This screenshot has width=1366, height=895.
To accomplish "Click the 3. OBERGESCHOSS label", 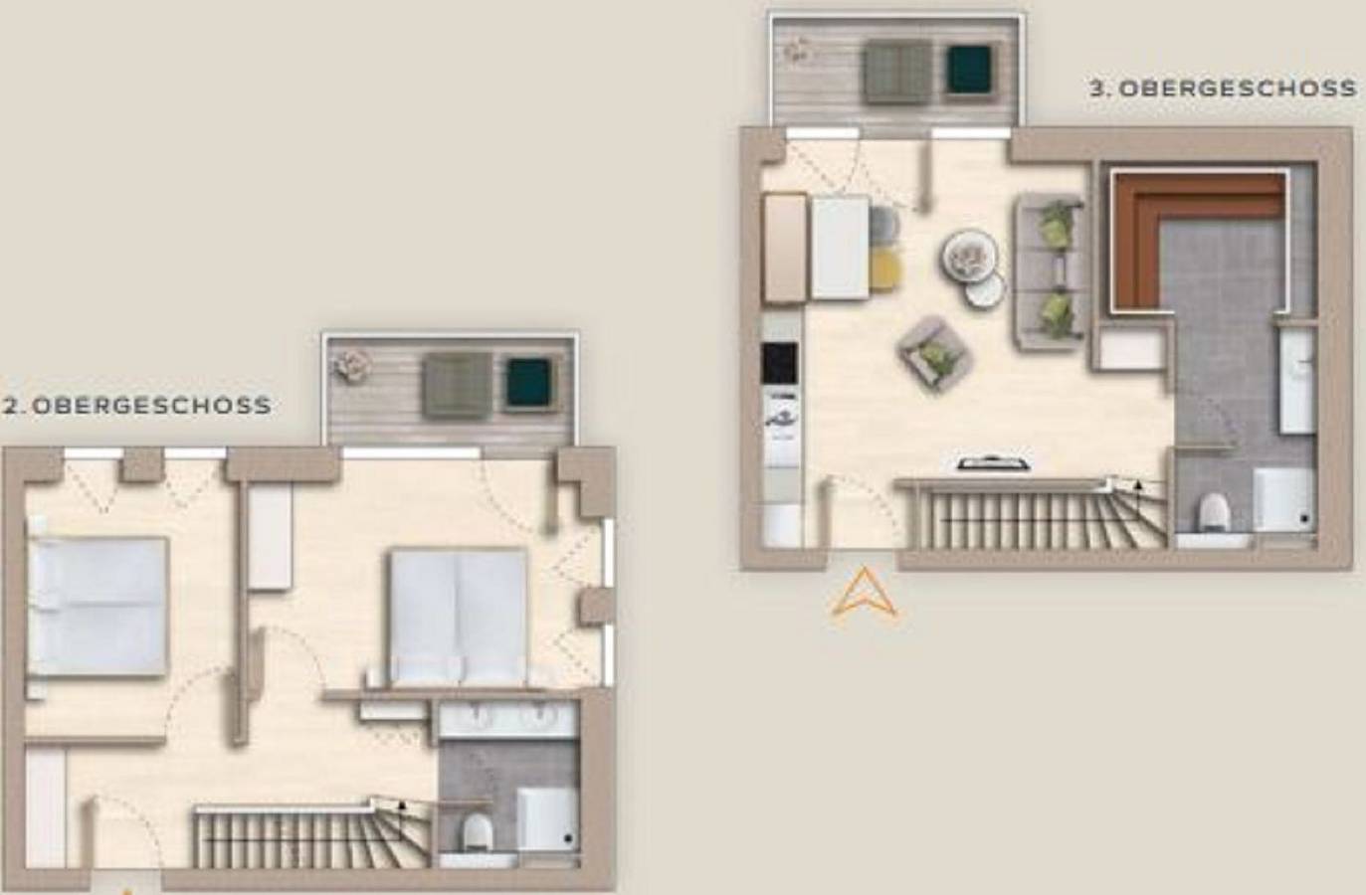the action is [x=1224, y=89].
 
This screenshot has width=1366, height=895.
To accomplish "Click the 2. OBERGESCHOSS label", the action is [x=137, y=406].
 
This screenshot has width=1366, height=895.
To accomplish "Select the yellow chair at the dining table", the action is [x=884, y=270].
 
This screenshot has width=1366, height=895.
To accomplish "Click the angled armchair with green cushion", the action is [x=932, y=354].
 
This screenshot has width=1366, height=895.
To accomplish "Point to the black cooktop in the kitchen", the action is [x=779, y=363].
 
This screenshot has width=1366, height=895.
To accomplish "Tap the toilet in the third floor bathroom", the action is [x=1213, y=511].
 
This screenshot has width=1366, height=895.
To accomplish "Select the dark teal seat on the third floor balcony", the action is [x=968, y=70].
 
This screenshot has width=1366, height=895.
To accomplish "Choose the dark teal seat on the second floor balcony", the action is [x=528, y=383].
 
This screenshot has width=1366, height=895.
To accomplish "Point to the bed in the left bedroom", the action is [x=98, y=606].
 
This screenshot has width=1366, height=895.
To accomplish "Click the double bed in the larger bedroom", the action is [x=458, y=617].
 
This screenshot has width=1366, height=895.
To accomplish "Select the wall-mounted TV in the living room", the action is [x=993, y=464].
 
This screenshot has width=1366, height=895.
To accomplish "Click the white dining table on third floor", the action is [x=840, y=248].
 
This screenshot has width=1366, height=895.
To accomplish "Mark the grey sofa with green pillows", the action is [x=1048, y=271].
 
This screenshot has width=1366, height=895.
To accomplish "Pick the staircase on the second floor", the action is [x=312, y=836].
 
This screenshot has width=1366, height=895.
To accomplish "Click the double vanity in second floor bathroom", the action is [x=508, y=718].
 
